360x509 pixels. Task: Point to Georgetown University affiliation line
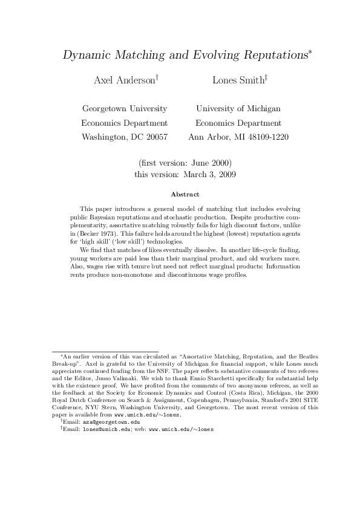[x=124, y=109]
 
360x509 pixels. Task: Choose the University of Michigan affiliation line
[x=238, y=109]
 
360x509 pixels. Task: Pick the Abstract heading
[x=180, y=194]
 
